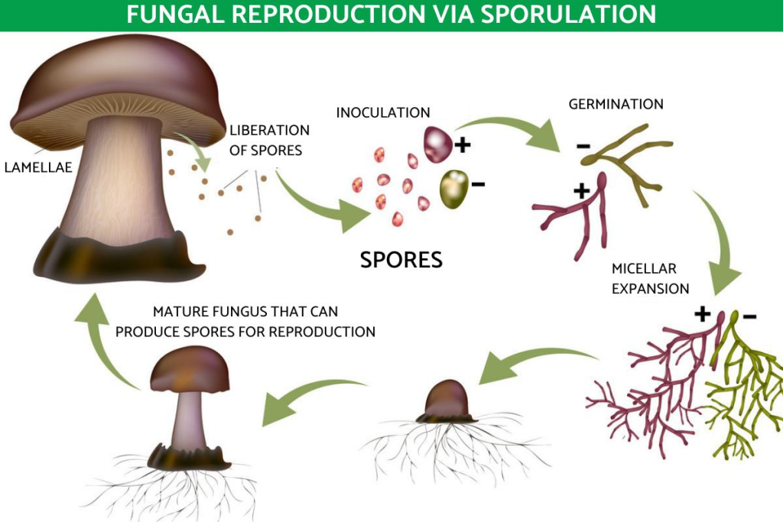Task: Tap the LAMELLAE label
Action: (x=38, y=166)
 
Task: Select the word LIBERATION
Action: (x=269, y=131)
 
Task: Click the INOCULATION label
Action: (x=383, y=112)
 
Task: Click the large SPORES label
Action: (x=401, y=259)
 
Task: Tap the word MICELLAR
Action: (x=644, y=269)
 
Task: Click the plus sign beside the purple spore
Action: (x=463, y=144)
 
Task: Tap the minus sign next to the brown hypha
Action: (x=583, y=145)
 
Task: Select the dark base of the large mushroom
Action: (x=115, y=256)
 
